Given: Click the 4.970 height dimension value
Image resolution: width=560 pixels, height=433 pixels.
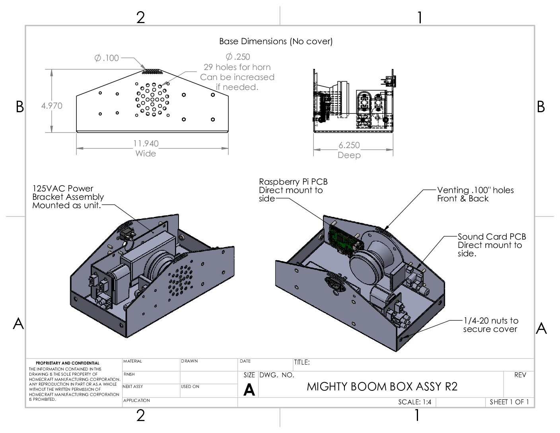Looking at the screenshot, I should [52, 106].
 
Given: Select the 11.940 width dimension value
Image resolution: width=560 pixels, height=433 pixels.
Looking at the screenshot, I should [146, 143].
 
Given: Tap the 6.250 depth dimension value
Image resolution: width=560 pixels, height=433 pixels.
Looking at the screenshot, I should [349, 145].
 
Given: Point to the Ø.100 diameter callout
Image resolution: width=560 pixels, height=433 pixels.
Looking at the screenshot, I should [107, 58].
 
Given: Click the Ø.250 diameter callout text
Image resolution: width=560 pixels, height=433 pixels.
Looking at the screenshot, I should [237, 57].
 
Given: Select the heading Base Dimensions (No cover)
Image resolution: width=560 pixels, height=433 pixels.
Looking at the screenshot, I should [276, 41].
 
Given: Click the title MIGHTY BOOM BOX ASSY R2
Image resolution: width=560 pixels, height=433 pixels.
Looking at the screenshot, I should [382, 386].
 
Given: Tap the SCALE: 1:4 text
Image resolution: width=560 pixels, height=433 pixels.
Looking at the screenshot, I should [414, 402].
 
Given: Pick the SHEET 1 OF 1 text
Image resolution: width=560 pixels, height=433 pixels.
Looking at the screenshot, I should [509, 402].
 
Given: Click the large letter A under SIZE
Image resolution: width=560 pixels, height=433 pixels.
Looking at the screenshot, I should [249, 390].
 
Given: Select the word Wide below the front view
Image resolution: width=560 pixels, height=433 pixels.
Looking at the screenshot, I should [146, 154].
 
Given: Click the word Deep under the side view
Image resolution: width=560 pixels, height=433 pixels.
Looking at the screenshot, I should [349, 155].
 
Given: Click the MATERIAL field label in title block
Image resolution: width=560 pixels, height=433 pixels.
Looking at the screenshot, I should [132, 361].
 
